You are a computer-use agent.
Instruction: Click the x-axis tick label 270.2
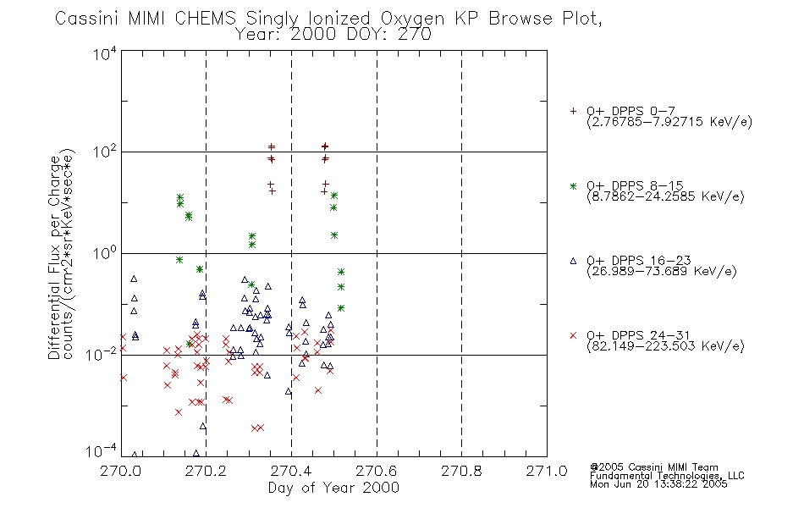tap(206, 471)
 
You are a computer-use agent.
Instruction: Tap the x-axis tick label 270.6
tap(376, 471)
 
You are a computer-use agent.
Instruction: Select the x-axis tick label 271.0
tap(547, 471)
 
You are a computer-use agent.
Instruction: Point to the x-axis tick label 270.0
tap(120, 471)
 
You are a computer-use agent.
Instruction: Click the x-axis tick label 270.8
tap(461, 471)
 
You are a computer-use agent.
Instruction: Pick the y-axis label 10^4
tap(105, 53)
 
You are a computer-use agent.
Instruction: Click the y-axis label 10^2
tap(105, 152)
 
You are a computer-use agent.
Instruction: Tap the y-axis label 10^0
tap(105, 253)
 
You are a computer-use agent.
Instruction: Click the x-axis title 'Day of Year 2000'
tap(333, 488)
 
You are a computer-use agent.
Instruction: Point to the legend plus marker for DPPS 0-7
tap(573, 111)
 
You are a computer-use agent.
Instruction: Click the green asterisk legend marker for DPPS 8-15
tap(573, 186)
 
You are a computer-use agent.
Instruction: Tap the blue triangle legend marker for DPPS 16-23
tap(573, 261)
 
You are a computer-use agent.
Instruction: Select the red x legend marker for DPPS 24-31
tap(573, 335)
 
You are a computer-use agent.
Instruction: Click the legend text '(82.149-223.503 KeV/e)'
tap(665, 346)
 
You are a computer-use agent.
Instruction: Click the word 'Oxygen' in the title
tap(412, 19)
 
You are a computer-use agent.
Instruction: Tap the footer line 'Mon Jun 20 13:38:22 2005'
tap(658, 484)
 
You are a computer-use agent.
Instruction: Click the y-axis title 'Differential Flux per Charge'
tap(54, 257)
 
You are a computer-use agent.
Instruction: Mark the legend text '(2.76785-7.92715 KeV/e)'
tap(669, 122)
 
